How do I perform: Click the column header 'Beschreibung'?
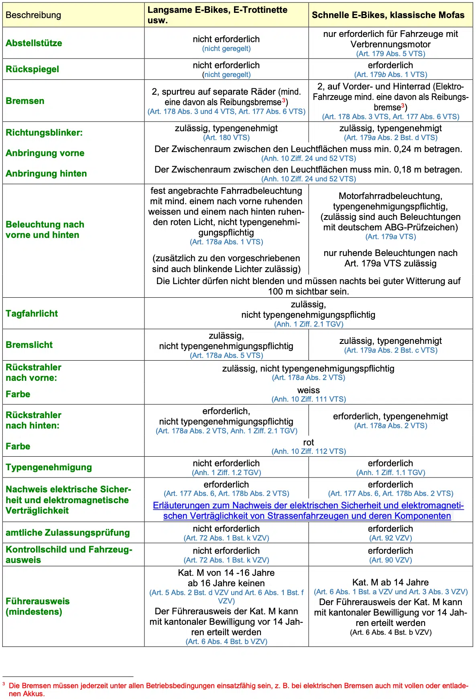pyautogui.click(x=33, y=15)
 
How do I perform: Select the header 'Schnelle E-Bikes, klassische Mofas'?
pyautogui.click(x=388, y=15)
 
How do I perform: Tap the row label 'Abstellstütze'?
pyautogui.click(x=34, y=43)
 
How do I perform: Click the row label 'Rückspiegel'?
pyautogui.click(x=33, y=69)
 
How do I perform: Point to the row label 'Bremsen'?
pyautogui.click(x=25, y=101)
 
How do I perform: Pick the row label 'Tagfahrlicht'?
pyautogui.click(x=32, y=313)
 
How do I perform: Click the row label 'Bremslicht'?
pyautogui.click(x=29, y=345)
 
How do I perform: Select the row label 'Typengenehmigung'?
pyautogui.click(x=49, y=467)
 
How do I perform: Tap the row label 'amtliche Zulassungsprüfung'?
pyautogui.click(x=68, y=532)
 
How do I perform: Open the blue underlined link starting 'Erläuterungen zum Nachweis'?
pyautogui.click(x=308, y=510)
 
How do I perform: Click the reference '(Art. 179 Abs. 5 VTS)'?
pyautogui.click(x=391, y=54)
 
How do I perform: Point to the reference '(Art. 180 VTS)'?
pyautogui.click(x=226, y=138)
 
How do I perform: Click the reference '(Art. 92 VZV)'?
pyautogui.click(x=391, y=538)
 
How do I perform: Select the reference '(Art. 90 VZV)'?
pyautogui.click(x=391, y=560)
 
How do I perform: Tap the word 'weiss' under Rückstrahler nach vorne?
pyautogui.click(x=309, y=390)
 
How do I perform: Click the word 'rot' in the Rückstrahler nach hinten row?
pyautogui.click(x=309, y=442)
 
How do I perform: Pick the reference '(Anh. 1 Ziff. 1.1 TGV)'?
pyautogui.click(x=391, y=473)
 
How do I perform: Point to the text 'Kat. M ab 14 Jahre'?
pyautogui.click(x=391, y=582)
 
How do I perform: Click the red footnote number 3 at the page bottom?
pyautogui.click(x=4, y=684)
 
